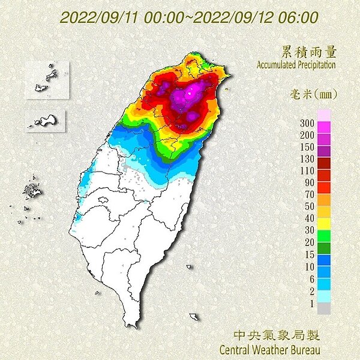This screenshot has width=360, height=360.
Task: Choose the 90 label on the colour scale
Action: click(x=308, y=182)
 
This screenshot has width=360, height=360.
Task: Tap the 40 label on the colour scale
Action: click(x=308, y=217)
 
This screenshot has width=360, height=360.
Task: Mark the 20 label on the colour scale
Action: click(x=308, y=241)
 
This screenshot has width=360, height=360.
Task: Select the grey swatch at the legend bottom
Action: click(x=323, y=308)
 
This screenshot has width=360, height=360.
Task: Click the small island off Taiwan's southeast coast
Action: click(x=194, y=316)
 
